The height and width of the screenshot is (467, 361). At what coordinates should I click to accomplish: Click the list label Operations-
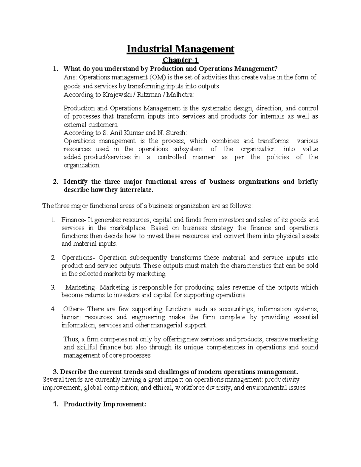[x=78, y=258]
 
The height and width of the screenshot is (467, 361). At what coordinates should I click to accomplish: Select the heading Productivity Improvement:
[x=104, y=404]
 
